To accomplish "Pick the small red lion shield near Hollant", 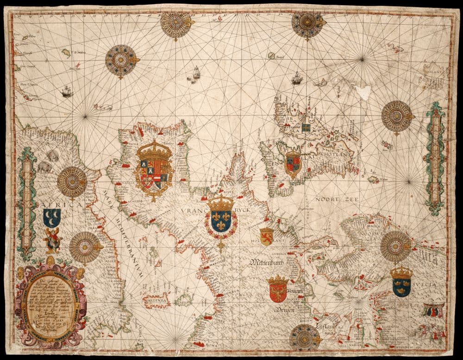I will click(x=266, y=236).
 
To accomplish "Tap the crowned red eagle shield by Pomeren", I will click(x=277, y=290).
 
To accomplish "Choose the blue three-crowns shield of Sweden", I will click(x=401, y=283).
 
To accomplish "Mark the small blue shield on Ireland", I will click(x=306, y=127).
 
